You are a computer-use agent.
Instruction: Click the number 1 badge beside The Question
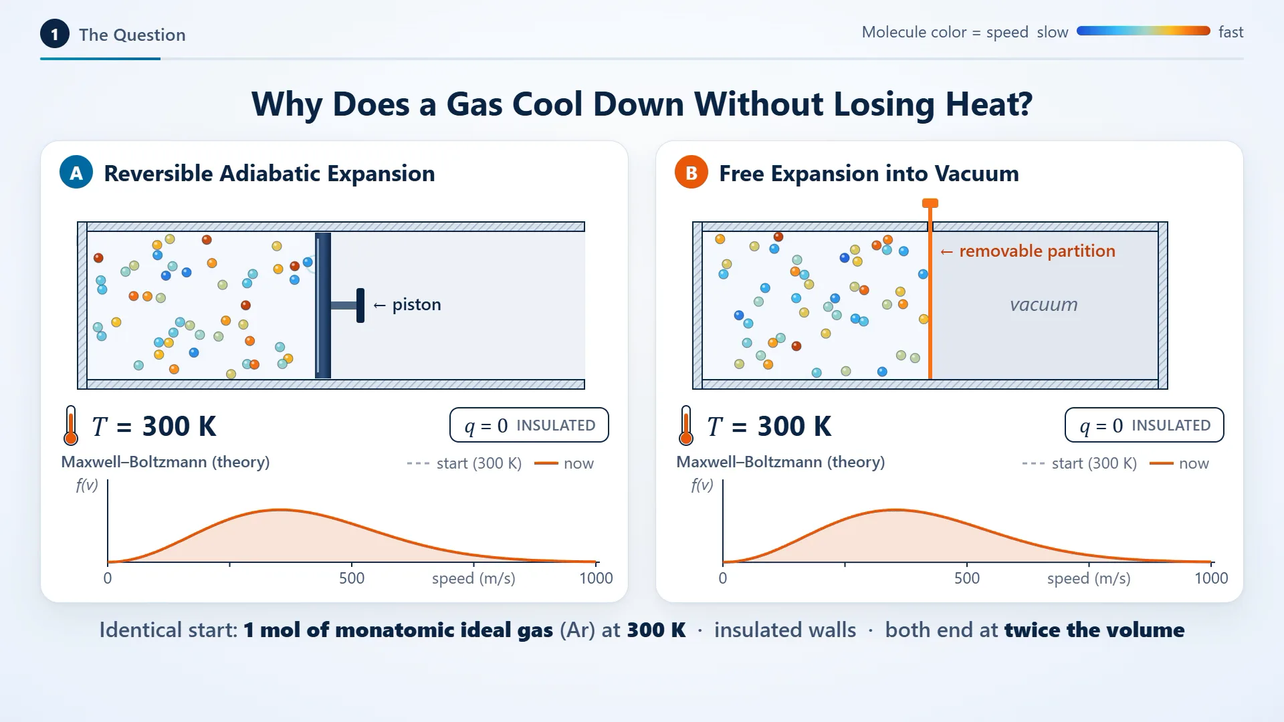click(x=55, y=34)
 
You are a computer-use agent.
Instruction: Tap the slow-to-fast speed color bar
click(x=1144, y=31)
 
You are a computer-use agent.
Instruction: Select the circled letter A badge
click(x=76, y=172)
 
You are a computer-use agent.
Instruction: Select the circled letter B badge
click(x=691, y=172)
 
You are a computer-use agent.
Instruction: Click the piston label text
click(x=417, y=305)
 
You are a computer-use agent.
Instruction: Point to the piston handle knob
click(x=360, y=306)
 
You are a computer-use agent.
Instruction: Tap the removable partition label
click(x=1037, y=251)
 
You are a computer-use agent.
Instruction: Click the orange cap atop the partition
click(x=930, y=203)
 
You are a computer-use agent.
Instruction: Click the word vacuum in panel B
click(x=1044, y=305)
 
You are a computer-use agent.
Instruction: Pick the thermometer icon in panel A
click(x=71, y=425)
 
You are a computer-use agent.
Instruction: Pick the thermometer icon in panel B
click(x=686, y=425)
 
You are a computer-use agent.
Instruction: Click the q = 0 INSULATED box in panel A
click(x=529, y=425)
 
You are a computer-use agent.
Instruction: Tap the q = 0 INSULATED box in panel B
click(x=1144, y=425)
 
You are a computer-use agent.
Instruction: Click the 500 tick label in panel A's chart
click(x=352, y=578)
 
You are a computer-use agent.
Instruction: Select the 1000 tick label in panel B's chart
click(x=1211, y=578)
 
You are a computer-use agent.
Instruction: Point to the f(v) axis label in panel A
click(x=87, y=485)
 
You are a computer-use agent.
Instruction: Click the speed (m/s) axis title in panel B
click(x=1089, y=578)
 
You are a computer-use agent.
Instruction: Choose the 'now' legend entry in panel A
click(x=564, y=463)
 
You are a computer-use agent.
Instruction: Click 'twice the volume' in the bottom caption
click(x=1094, y=630)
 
